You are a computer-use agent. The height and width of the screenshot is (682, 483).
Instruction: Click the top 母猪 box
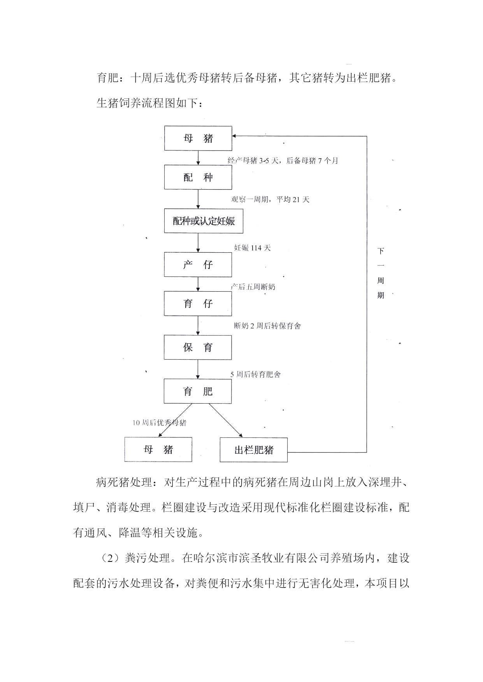[198, 138]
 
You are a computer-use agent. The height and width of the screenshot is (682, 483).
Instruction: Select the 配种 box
[198, 177]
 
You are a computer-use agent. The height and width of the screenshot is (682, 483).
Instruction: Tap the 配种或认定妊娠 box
[204, 221]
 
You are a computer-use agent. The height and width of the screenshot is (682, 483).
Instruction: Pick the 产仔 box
[198, 265]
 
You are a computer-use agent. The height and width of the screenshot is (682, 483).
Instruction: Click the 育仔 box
[198, 304]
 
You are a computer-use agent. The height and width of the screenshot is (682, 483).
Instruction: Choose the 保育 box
[198, 347]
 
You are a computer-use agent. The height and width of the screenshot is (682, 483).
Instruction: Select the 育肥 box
[198, 391]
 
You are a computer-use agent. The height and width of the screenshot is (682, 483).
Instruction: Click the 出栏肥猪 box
[254, 450]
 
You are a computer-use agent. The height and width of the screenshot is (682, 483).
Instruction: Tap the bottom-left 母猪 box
[158, 449]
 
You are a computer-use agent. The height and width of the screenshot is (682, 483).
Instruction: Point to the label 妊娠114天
[252, 248]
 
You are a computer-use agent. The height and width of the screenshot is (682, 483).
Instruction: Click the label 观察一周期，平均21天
[270, 199]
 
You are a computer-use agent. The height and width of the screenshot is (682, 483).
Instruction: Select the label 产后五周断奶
[253, 287]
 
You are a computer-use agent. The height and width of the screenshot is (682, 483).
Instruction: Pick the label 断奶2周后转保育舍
[267, 326]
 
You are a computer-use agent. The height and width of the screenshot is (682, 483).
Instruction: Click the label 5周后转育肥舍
[256, 374]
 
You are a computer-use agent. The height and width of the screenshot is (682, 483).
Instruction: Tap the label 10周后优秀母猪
[160, 423]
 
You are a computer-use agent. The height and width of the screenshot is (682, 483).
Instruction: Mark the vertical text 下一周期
[381, 273]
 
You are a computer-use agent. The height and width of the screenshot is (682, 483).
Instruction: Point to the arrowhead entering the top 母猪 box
[234, 136]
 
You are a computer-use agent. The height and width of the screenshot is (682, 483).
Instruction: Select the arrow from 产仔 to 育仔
[198, 284]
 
